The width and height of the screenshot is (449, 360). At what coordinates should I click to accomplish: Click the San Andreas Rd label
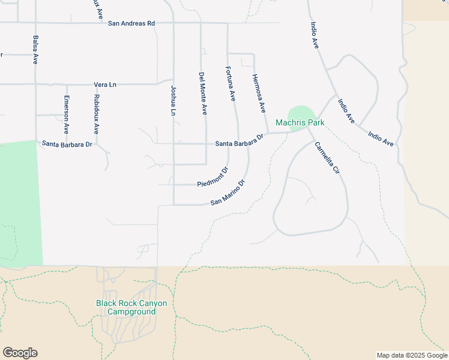(131, 23)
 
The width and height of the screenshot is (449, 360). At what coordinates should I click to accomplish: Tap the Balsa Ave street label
(35, 50)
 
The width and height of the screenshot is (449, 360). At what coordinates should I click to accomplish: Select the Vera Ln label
(104, 85)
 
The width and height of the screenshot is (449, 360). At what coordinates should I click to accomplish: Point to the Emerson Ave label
(67, 114)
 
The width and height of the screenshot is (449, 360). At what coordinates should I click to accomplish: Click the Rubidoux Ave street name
(96, 113)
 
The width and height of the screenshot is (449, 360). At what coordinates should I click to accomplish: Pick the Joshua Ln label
(173, 101)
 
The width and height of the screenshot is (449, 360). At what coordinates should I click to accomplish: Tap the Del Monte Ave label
(203, 94)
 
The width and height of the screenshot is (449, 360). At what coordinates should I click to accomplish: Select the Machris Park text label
(300, 123)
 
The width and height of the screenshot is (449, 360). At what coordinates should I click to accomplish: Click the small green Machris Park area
(301, 113)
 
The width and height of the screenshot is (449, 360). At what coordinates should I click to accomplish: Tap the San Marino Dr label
(229, 193)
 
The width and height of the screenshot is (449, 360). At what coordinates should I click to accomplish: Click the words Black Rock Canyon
(131, 303)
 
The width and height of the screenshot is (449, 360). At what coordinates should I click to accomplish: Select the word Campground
(131, 312)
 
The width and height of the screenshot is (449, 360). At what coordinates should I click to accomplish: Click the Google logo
(20, 353)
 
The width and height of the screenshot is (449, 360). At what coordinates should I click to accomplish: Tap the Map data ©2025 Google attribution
(411, 355)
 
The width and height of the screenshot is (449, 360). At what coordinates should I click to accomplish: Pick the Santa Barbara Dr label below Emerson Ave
(67, 144)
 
